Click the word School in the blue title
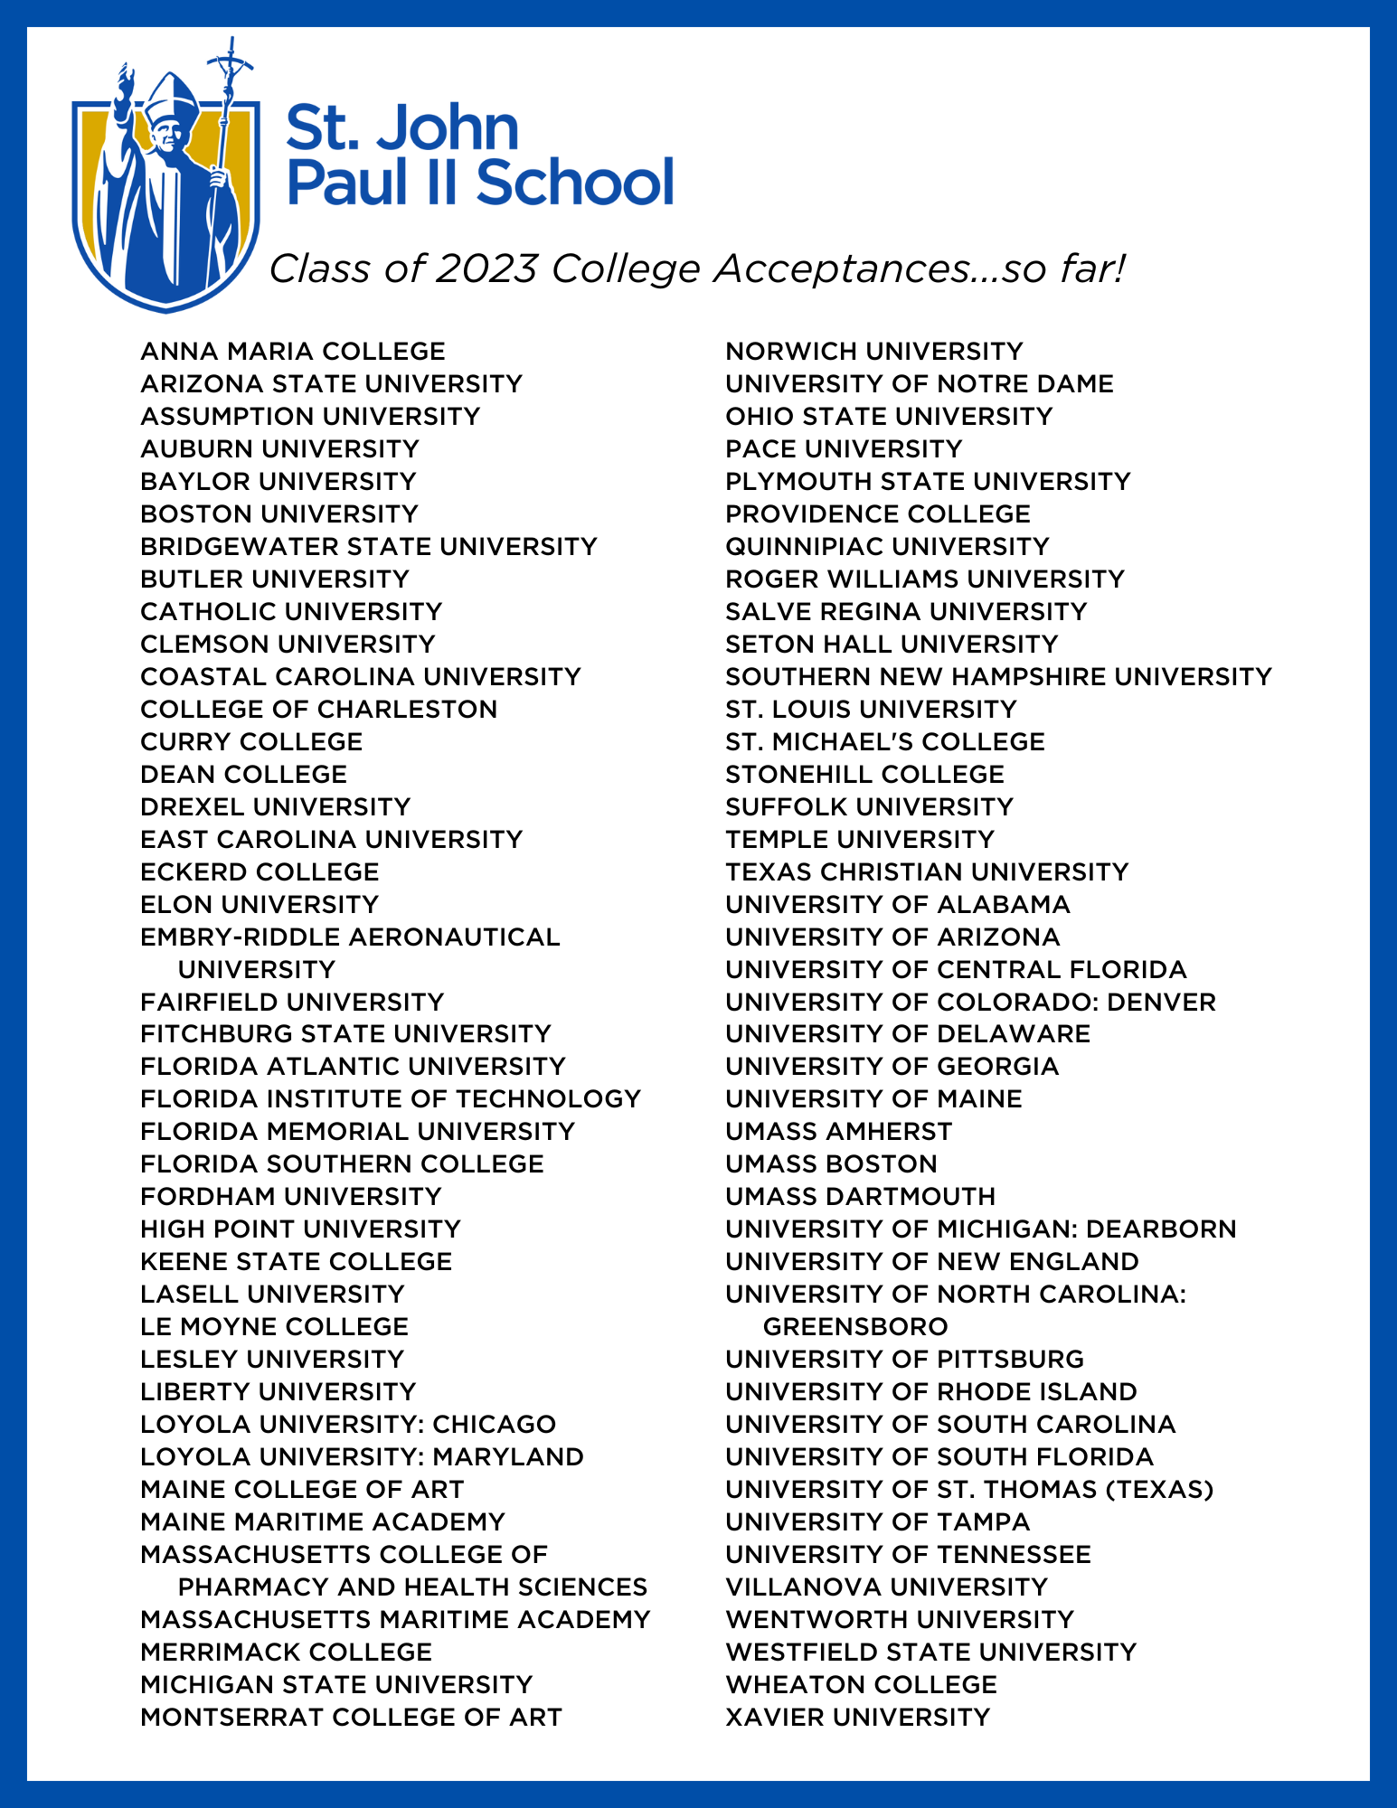tap(574, 182)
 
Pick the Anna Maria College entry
tap(293, 351)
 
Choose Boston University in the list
tap(279, 513)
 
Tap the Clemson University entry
tap(288, 644)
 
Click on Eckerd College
tap(260, 871)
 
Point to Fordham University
tap(291, 1196)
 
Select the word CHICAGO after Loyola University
tap(494, 1424)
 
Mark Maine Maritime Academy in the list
tap(323, 1521)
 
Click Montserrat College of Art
tap(351, 1717)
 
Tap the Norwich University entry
tap(874, 351)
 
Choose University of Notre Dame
tap(920, 383)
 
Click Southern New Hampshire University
tap(998, 676)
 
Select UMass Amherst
tap(839, 1131)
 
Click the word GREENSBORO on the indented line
tap(855, 1326)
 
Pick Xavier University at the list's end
tap(858, 1717)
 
